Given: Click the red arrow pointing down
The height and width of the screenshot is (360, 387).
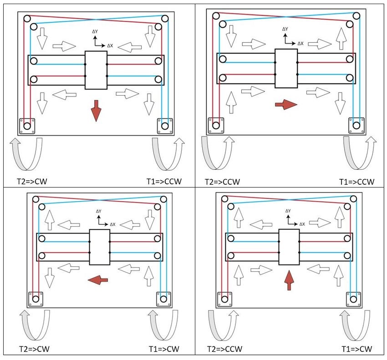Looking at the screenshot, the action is (96, 111).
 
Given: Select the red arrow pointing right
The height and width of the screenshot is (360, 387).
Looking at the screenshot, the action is (286, 105).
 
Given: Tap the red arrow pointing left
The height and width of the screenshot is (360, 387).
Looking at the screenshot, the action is (98, 280).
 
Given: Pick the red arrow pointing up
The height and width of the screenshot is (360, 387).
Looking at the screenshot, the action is (289, 280).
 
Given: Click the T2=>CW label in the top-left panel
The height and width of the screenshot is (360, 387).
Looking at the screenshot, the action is (32, 181).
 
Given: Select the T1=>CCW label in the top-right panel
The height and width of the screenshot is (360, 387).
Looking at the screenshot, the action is (356, 182).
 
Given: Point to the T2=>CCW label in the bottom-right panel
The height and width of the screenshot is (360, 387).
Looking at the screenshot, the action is (224, 349).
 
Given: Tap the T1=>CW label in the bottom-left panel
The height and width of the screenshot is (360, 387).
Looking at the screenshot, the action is (164, 349).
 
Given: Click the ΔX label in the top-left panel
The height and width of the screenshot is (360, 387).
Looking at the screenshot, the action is (110, 46).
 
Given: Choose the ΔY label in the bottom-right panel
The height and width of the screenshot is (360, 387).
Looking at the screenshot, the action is (288, 211).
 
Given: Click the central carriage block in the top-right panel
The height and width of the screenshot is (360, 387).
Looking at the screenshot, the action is (286, 68).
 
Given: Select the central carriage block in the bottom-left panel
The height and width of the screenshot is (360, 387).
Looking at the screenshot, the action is (99, 247).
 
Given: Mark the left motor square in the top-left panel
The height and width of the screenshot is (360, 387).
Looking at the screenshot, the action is (27, 127).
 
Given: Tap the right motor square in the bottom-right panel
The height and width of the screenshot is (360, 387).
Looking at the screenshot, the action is (353, 299).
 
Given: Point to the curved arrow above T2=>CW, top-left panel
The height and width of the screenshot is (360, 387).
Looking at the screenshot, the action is (26, 154).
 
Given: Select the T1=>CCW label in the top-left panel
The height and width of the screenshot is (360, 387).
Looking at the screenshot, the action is (164, 181).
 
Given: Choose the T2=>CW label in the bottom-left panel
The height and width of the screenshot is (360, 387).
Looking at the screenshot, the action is (34, 349).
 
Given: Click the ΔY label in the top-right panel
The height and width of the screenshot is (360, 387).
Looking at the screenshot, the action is (285, 29).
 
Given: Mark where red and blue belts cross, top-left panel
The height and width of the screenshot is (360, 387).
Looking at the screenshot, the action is (96, 20).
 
